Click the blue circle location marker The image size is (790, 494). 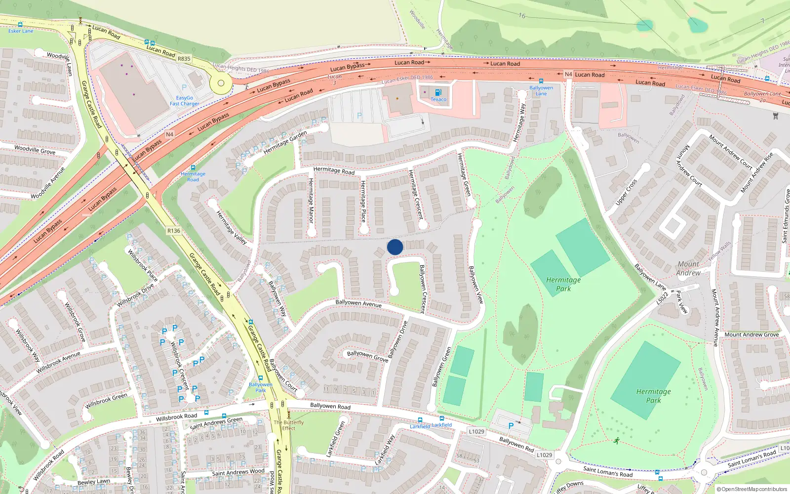395,247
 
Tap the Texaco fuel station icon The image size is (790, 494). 438,92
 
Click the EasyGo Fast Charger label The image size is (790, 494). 185,101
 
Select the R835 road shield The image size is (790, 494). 184,59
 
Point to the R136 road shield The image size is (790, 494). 174,231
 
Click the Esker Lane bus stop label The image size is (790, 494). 21,31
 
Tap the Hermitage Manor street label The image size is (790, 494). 311,200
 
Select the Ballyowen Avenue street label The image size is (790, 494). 358,303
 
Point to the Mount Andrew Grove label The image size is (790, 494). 751,334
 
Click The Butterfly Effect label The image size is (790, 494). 289,425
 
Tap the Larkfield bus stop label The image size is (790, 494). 420,426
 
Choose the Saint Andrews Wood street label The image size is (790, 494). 238,472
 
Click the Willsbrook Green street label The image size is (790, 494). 106,401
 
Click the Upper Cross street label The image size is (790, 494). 626,192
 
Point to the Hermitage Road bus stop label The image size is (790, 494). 193,176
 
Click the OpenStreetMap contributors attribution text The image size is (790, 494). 752,490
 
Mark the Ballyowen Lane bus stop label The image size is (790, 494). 541,90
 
